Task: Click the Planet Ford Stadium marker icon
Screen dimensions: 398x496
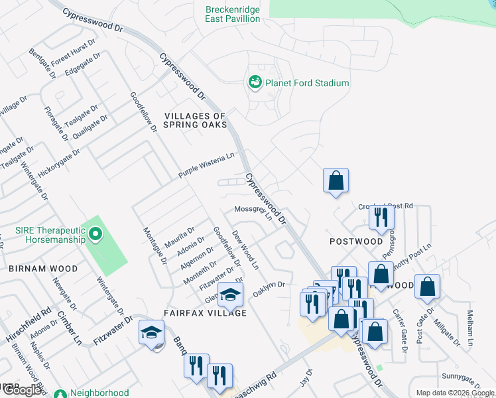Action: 255,83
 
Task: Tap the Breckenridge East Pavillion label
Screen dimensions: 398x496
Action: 232,14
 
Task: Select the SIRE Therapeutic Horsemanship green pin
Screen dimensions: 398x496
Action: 95,233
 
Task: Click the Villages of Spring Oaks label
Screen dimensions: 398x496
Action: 195,120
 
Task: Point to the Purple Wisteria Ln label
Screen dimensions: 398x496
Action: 206,165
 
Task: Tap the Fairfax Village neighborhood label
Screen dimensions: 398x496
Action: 206,312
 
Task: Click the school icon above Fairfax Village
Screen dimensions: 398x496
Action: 231,295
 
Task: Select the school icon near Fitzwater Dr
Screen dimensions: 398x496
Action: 151,332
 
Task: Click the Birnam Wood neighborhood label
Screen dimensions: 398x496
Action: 43,269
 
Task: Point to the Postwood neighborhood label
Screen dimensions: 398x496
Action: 356,241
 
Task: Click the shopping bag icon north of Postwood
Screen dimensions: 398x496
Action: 336,180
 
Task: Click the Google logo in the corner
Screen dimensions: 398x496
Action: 23,390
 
